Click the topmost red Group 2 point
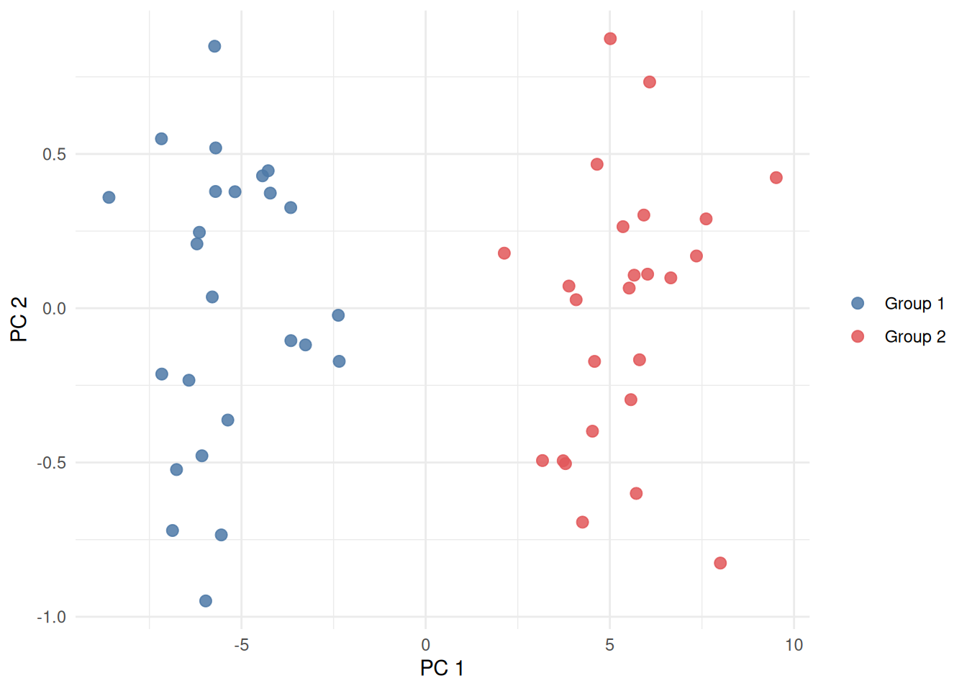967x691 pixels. (x=610, y=39)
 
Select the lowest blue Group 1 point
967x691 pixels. (x=206, y=601)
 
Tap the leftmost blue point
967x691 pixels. (x=109, y=197)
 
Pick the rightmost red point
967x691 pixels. (x=776, y=178)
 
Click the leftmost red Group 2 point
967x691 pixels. (x=504, y=253)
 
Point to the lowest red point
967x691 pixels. (x=720, y=563)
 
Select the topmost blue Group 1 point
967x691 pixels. (x=214, y=46)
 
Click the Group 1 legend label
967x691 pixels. (x=914, y=304)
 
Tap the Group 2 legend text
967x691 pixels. (x=915, y=337)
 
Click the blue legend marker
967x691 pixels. (x=858, y=303)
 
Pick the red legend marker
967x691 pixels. (x=858, y=336)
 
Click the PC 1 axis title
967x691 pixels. (x=442, y=668)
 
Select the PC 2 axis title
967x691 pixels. (x=19, y=319)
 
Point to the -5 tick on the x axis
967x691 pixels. (x=241, y=645)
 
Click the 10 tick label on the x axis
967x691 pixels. (x=794, y=645)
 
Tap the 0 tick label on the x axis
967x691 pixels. (x=426, y=645)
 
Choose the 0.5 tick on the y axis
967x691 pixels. (x=54, y=154)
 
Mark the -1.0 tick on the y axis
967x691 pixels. (x=51, y=617)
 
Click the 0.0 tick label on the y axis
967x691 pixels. (x=54, y=309)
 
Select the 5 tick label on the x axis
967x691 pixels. (x=609, y=645)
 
